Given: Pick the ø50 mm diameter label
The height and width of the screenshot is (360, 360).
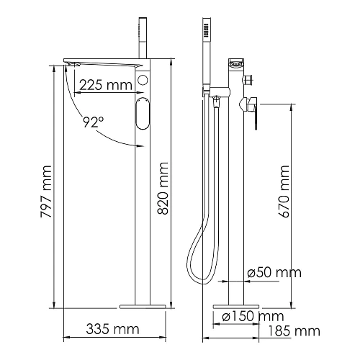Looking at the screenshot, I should (274, 273).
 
